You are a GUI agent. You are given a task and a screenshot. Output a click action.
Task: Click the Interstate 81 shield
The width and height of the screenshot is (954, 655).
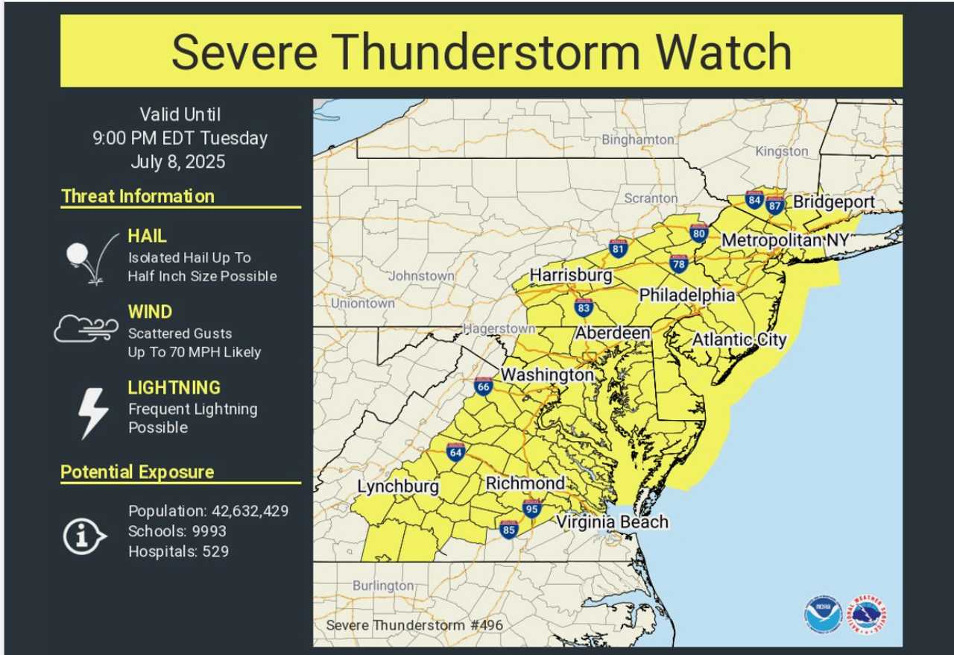click(617, 248)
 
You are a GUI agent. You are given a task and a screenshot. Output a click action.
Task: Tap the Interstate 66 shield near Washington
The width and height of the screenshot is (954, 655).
click(483, 386)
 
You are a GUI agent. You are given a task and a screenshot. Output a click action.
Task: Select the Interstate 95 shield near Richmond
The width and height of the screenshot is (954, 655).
click(531, 509)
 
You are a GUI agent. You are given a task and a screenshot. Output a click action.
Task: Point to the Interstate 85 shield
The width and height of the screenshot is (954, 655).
click(509, 530)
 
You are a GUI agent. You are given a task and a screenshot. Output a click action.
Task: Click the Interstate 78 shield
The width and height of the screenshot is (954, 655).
click(678, 263)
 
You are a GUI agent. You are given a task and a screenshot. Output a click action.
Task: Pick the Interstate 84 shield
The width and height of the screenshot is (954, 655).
click(754, 199)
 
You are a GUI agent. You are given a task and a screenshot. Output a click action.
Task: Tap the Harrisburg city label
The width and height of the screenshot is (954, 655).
click(570, 275)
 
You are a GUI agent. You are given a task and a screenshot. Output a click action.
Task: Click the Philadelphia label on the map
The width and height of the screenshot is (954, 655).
click(686, 295)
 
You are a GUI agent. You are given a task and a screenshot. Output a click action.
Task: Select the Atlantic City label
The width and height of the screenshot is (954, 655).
click(739, 339)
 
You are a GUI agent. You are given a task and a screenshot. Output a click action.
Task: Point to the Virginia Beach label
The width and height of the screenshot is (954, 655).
click(612, 521)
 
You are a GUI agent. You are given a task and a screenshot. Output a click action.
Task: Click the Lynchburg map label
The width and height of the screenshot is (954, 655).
click(398, 486)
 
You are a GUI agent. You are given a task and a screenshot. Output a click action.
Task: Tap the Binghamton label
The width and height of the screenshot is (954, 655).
click(637, 140)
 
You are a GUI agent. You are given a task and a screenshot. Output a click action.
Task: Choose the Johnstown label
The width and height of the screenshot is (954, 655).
click(421, 275)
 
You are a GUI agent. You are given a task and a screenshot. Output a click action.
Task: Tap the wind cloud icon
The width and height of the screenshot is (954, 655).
click(86, 328)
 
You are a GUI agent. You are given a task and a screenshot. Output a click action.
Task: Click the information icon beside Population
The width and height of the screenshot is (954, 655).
click(85, 535)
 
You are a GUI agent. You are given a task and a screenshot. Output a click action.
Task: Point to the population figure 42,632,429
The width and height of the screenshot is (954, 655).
click(243, 511)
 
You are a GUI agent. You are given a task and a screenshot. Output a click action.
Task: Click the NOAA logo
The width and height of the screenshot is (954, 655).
click(822, 614)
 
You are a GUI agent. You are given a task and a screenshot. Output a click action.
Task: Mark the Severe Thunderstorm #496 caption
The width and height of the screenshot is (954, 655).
click(400, 624)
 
